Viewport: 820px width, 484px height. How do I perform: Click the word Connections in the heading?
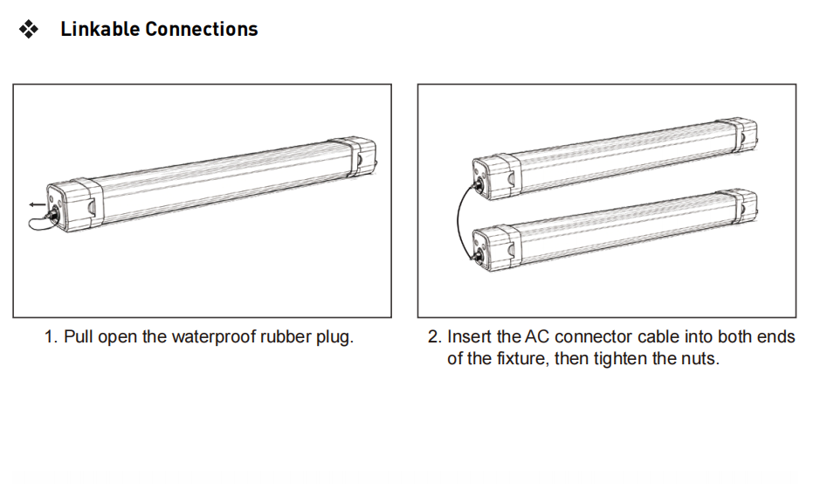coord(202,29)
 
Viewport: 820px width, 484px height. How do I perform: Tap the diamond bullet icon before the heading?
coord(29,30)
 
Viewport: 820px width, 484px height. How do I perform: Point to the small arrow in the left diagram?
coord(36,204)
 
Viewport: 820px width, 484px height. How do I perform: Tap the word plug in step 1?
coord(334,337)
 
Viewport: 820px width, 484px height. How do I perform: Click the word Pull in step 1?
coord(78,337)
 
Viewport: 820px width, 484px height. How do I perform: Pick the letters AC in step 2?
coord(536,337)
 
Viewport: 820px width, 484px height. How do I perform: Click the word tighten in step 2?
coord(621,359)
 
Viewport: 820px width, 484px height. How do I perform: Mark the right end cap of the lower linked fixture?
coord(739,206)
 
